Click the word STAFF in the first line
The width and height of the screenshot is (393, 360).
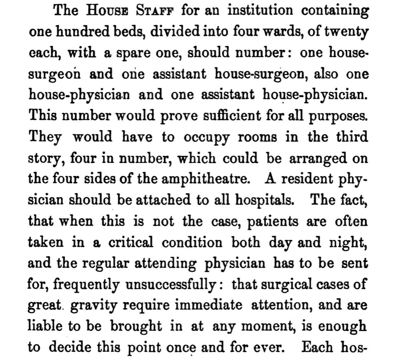click(x=156, y=11)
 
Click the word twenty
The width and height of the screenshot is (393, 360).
click(x=348, y=33)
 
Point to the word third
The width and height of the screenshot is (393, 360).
click(x=351, y=136)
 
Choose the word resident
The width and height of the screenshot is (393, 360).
click(x=308, y=178)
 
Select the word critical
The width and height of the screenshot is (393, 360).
click(x=126, y=241)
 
